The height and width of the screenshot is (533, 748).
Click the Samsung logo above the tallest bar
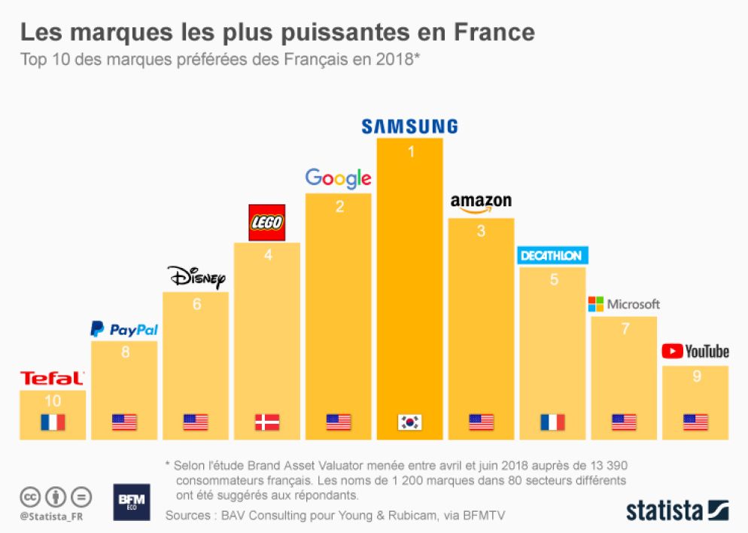pyautogui.click(x=409, y=126)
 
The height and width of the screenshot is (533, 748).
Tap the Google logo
pyautogui.click(x=338, y=178)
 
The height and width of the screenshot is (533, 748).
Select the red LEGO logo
pyautogui.click(x=267, y=223)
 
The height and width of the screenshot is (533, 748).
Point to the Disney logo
pyautogui.click(x=196, y=277)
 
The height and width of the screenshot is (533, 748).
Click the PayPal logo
pyautogui.click(x=124, y=329)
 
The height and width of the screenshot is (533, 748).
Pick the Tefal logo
pyautogui.click(x=52, y=378)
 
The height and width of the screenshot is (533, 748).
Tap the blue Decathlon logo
pyautogui.click(x=552, y=256)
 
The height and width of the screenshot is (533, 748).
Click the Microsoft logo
pyautogui.click(x=624, y=304)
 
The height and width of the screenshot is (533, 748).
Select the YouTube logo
pyautogui.click(x=695, y=352)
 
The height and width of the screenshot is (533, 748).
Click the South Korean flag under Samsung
pyautogui.click(x=409, y=422)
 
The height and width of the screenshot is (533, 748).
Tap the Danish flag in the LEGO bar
pyautogui.click(x=267, y=422)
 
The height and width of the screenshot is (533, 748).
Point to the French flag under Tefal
pyautogui.click(x=53, y=422)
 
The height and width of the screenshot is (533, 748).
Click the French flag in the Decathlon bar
pyautogui.click(x=552, y=422)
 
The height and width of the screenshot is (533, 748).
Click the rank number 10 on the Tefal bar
pyautogui.click(x=53, y=401)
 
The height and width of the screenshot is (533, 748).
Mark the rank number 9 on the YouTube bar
pyautogui.click(x=696, y=376)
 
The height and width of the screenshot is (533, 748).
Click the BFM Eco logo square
pyautogui.click(x=132, y=502)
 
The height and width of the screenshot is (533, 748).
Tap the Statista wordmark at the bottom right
pyautogui.click(x=677, y=510)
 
